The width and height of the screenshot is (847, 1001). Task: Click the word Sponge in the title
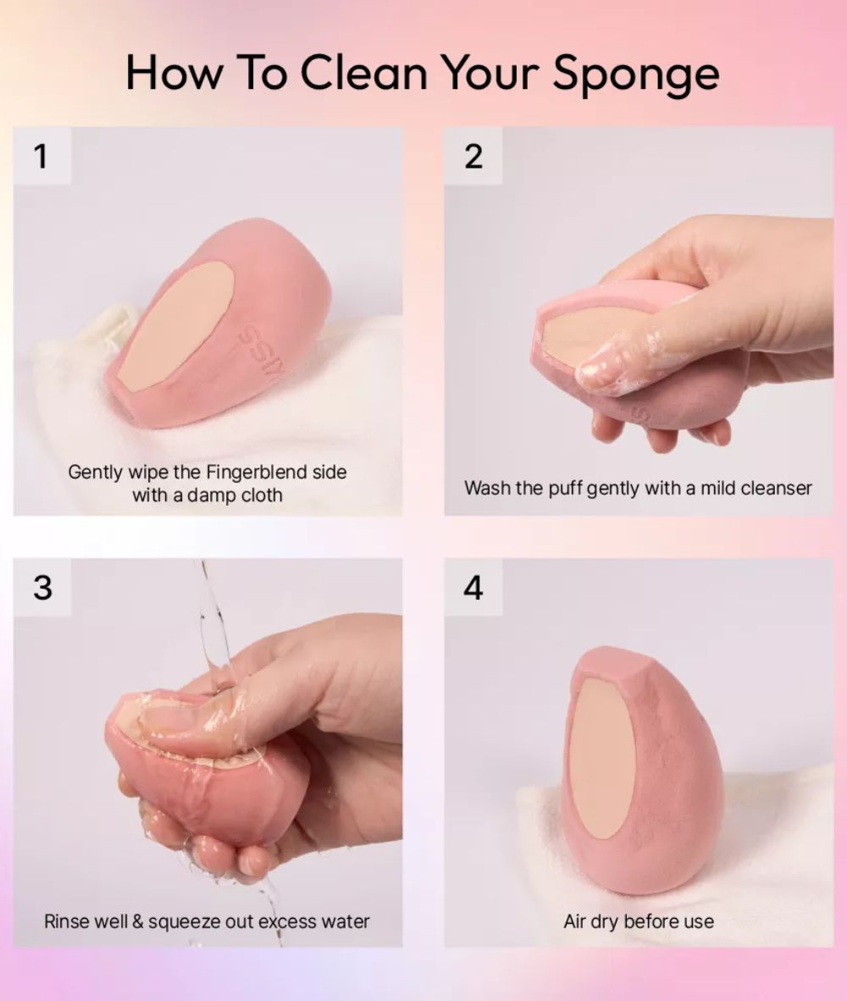pyautogui.click(x=636, y=75)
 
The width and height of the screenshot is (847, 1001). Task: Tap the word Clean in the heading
pyautogui.click(x=363, y=72)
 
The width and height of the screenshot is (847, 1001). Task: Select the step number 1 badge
pyautogui.click(x=42, y=156)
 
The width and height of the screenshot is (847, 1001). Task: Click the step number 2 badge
pyautogui.click(x=473, y=156)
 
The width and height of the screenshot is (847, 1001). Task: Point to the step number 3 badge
pyautogui.click(x=42, y=588)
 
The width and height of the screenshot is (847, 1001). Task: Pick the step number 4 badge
pyautogui.click(x=473, y=588)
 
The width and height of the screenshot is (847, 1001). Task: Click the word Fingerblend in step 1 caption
pyautogui.click(x=256, y=473)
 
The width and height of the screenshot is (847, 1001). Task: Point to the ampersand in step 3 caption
pyautogui.click(x=138, y=922)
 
